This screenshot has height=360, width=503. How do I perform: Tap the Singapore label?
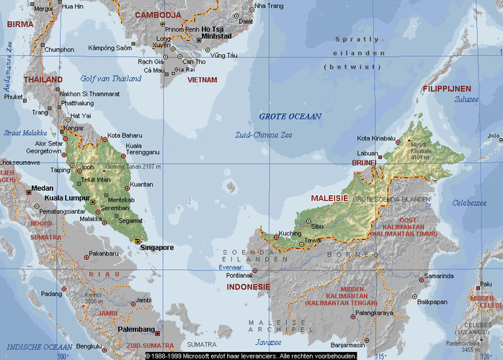(x=157, y=248)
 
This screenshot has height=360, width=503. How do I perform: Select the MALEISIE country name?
(x=329, y=197)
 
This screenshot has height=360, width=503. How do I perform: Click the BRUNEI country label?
(x=364, y=163)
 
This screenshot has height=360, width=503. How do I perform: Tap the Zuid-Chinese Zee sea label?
(x=263, y=135)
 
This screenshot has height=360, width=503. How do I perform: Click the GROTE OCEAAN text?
(x=290, y=116)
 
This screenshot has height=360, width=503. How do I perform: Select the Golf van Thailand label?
(x=111, y=78)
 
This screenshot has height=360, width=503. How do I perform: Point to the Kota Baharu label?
(x=125, y=135)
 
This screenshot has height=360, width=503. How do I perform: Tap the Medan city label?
(x=42, y=188)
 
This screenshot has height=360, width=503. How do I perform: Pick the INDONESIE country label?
(x=248, y=287)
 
